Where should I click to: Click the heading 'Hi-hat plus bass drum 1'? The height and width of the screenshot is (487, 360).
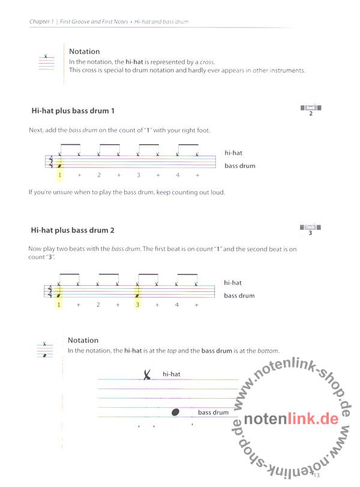(x=73, y=111)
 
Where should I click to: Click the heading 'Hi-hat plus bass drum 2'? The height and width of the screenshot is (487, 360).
(x=73, y=230)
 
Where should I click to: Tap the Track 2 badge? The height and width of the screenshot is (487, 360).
(x=311, y=110)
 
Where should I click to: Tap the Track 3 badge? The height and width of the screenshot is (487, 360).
(x=310, y=230)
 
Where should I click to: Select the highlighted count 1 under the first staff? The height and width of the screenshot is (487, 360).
(x=59, y=175)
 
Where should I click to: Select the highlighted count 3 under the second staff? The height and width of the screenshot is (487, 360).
(x=137, y=304)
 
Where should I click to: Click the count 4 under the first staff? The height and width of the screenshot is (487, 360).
(x=178, y=175)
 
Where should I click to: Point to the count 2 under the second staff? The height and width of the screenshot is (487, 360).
(x=98, y=304)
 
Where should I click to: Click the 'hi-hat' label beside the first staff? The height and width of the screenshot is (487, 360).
(x=233, y=153)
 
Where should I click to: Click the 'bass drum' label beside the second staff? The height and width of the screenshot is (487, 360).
(x=239, y=295)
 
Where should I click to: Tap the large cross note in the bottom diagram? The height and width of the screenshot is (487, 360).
(x=147, y=375)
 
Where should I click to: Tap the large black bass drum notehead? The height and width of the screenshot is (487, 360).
(x=176, y=412)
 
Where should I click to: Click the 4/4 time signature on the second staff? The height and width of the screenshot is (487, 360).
(x=51, y=291)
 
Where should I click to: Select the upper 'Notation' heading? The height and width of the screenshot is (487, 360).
(x=84, y=52)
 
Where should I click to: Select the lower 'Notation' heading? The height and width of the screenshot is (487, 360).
(x=83, y=340)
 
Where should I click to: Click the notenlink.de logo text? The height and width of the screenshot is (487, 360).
(x=292, y=419)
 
